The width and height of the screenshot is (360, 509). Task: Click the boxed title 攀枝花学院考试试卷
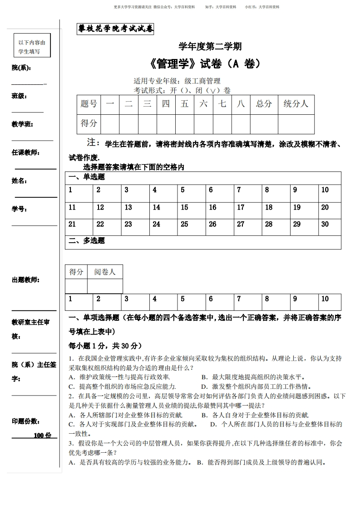[x=116, y=29]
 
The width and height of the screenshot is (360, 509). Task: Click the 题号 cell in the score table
[x=89, y=104]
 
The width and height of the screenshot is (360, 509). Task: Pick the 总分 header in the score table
[x=264, y=104]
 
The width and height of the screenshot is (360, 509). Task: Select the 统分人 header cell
[x=296, y=104]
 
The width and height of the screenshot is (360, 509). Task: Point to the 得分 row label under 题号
[x=89, y=123]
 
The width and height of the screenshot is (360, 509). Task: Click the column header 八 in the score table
[x=241, y=104]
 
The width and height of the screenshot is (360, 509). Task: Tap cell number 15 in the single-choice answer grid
[x=184, y=207]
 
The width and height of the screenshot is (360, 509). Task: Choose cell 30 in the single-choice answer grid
[x=325, y=224]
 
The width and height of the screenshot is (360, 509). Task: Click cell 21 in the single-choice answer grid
[x=72, y=224]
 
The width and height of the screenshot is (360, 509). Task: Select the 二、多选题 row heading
[x=86, y=241]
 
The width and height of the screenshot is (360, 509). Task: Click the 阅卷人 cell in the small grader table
[x=105, y=272]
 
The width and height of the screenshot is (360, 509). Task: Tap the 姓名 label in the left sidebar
[x=19, y=181]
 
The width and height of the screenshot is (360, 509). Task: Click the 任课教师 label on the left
[x=25, y=152]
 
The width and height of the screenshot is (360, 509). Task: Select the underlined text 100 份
[x=43, y=436]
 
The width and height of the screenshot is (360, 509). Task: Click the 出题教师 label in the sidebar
[x=25, y=280]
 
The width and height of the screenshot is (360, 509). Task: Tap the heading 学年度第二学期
[x=210, y=46]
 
